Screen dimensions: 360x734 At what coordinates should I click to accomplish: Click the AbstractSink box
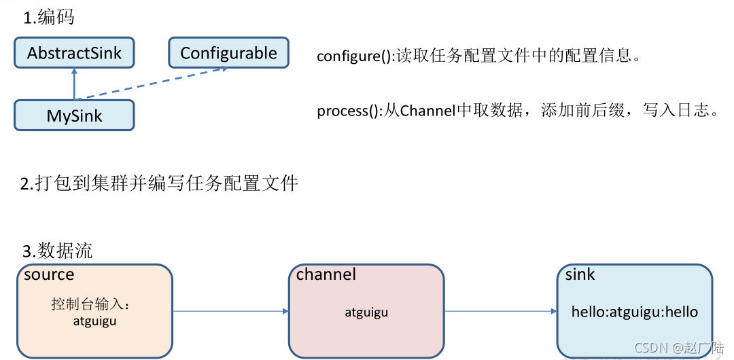(x=74, y=53)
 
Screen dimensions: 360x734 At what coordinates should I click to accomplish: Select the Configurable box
(x=228, y=53)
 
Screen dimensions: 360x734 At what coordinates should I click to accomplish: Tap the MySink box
(x=74, y=115)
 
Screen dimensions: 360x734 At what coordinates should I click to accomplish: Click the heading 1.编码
(x=48, y=18)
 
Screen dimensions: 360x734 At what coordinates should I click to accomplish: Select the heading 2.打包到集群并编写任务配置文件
(x=159, y=183)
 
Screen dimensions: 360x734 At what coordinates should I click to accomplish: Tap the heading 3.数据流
(x=57, y=251)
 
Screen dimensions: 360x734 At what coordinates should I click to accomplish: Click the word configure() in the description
(x=353, y=56)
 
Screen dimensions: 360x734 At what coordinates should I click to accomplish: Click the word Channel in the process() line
(x=427, y=111)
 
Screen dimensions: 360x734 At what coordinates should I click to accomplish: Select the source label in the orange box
(x=49, y=274)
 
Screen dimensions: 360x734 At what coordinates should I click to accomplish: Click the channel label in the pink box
(x=326, y=274)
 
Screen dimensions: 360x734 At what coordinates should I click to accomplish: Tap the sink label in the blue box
(x=580, y=274)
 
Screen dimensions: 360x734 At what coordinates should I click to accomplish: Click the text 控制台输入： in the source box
(x=90, y=304)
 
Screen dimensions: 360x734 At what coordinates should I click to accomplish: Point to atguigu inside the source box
(x=94, y=321)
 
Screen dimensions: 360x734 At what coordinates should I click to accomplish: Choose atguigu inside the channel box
(x=366, y=312)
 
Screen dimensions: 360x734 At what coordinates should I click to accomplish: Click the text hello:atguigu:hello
(x=635, y=312)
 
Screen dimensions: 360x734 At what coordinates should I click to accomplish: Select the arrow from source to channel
(x=231, y=312)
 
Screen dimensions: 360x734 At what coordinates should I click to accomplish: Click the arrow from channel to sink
(x=501, y=312)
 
